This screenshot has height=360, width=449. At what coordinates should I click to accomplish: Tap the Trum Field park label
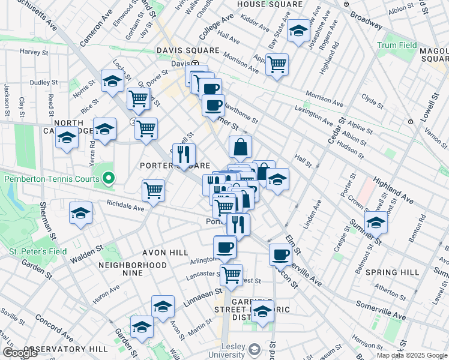(x=397, y=45)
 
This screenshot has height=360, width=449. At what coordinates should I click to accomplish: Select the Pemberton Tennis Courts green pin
(x=108, y=178)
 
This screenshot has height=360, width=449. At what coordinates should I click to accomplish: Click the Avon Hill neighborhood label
(x=165, y=253)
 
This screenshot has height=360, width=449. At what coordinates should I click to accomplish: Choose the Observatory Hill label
(x=66, y=349)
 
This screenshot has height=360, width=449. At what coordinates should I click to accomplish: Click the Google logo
(x=20, y=353)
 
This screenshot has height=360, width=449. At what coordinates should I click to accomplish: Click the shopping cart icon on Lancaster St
(x=231, y=275)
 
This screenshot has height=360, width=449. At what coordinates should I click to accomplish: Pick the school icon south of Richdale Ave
(x=80, y=214)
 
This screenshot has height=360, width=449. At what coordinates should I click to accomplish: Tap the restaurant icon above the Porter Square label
(x=184, y=154)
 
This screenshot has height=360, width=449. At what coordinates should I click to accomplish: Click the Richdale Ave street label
(x=125, y=206)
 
